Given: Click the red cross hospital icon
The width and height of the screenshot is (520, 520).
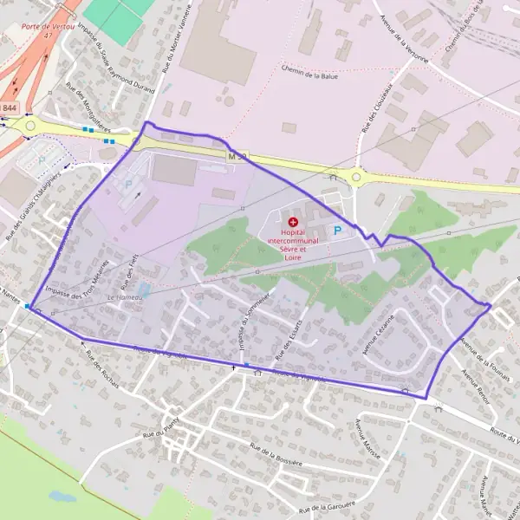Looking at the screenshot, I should pyautogui.click(x=292, y=223).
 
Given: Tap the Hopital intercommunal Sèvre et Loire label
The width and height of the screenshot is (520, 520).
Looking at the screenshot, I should pyautogui.click(x=293, y=241).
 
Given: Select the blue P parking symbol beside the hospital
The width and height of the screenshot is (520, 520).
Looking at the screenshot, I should pyautogui.click(x=338, y=231).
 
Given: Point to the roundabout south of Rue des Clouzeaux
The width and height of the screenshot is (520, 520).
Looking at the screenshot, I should pyautogui.click(x=356, y=178).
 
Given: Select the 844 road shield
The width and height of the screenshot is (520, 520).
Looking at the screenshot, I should pyautogui.click(x=10, y=107).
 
